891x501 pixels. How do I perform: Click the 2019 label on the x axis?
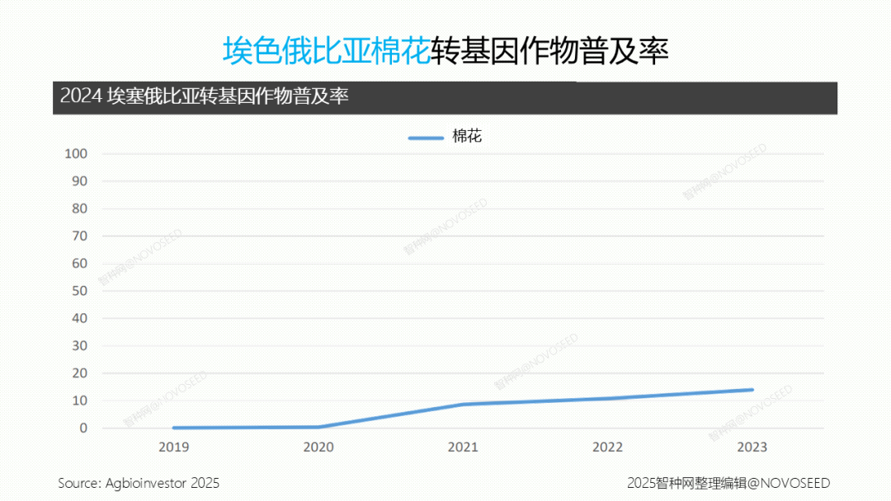click(174, 447)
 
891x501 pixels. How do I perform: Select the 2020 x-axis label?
click(318, 447)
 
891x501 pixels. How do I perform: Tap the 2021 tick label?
click(463, 447)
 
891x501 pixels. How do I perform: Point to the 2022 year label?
click(607, 447)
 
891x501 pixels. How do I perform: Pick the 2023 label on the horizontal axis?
click(752, 447)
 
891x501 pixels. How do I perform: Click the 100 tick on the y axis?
click(76, 154)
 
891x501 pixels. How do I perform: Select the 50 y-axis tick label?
click(79, 291)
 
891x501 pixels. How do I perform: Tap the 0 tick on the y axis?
click(83, 428)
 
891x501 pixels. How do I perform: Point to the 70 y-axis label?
click(79, 236)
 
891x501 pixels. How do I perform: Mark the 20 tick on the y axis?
click(79, 373)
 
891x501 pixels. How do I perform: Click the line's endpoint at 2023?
click(752, 390)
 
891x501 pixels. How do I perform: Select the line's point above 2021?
click(463, 404)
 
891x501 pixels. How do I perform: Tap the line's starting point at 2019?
click(174, 428)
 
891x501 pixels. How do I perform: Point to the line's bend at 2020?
click(318, 427)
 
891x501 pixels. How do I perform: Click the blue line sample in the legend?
click(426, 138)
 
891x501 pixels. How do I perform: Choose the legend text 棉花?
click(467, 137)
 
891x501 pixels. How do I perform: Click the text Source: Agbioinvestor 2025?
click(139, 483)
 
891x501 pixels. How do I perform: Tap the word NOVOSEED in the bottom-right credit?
click(794, 483)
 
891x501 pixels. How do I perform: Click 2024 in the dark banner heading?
click(80, 96)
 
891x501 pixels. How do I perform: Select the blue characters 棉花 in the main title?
click(403, 51)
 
